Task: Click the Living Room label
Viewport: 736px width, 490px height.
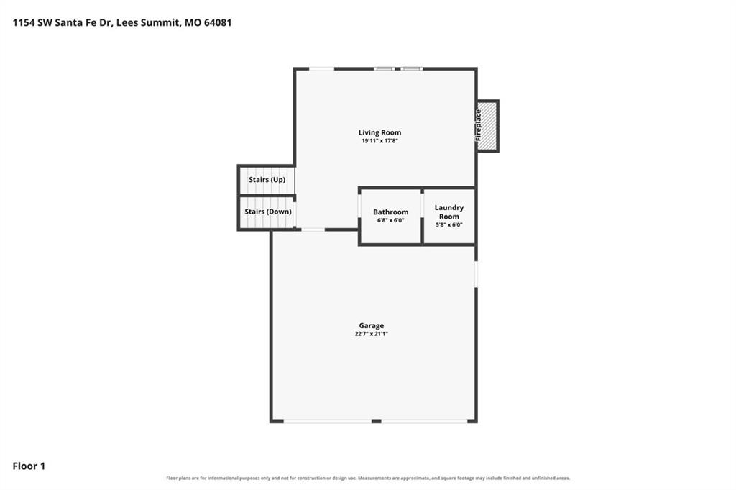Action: coord(379,132)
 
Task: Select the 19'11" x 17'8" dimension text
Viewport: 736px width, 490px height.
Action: coord(379,140)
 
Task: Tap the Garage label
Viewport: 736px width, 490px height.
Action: coord(372,325)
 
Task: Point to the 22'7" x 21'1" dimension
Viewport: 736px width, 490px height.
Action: coord(372,334)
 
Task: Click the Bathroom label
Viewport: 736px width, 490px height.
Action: coord(390,212)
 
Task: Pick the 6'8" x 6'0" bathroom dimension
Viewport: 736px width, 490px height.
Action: coord(390,220)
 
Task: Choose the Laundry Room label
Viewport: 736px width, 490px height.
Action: coord(449,212)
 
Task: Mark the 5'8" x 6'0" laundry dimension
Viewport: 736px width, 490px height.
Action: coord(449,224)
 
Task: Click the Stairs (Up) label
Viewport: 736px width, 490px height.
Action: coord(267,180)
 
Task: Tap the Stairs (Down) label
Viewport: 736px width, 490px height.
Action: coord(268,212)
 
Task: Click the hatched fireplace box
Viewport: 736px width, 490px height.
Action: coord(488,126)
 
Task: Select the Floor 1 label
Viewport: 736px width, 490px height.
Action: coord(29,466)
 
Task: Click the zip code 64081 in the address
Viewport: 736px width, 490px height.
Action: coord(218,22)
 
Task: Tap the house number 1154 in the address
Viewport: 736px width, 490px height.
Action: coord(24,22)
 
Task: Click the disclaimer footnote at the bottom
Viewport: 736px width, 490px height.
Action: coord(368,478)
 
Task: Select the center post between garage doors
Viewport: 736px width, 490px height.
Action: coord(377,422)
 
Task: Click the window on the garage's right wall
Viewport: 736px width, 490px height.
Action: coord(476,274)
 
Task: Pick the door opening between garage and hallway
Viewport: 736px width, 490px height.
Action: coord(313,230)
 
